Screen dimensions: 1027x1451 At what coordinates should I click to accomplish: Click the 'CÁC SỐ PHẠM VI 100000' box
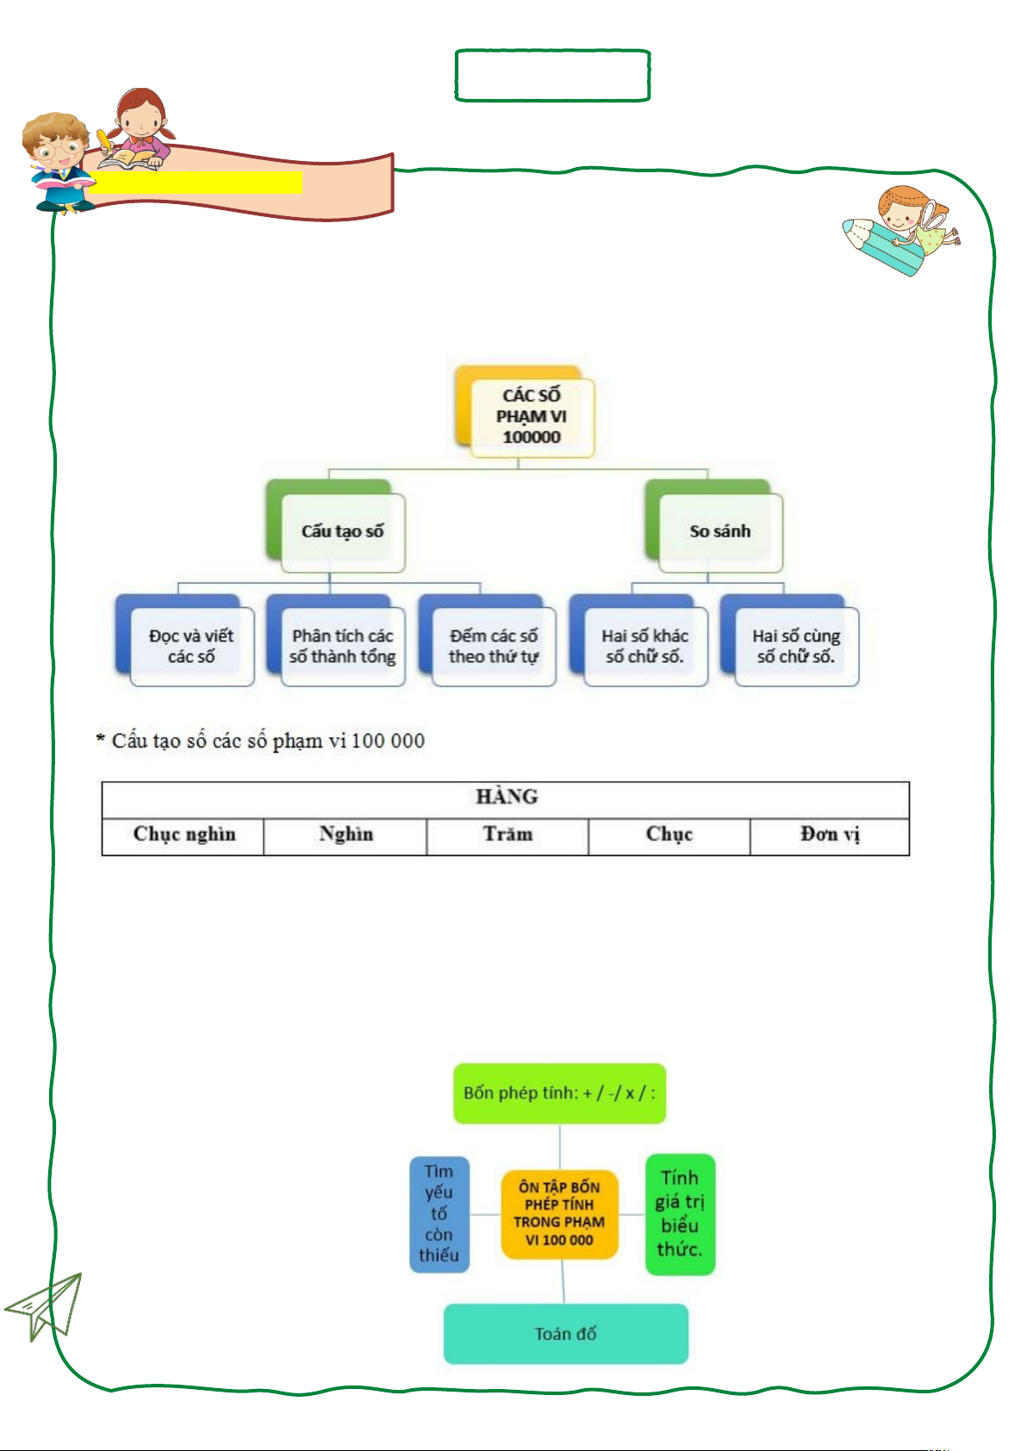pos(532,417)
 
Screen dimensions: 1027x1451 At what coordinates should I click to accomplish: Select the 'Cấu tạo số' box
pos(343,532)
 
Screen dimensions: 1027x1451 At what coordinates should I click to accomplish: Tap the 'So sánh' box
pos(720,532)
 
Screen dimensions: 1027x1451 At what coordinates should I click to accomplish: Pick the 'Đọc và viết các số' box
pos(192,647)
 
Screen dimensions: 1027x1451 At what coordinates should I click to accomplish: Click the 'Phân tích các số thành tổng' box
pos(343,647)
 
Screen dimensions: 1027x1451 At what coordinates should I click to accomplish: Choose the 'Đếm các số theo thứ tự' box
pos(494,647)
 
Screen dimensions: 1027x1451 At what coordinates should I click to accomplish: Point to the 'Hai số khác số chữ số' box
pos(645,647)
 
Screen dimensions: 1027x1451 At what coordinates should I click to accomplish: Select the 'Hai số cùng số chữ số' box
pos(796,647)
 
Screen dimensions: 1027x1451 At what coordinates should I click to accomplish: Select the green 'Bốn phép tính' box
pos(559,1094)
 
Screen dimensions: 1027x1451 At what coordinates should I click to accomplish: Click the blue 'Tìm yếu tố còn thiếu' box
pos(439,1214)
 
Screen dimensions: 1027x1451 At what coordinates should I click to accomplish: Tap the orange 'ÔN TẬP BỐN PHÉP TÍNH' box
pos(559,1214)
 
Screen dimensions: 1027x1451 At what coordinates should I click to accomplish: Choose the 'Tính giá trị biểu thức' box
pos(681,1214)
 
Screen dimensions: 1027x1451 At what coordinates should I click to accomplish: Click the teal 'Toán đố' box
pos(566,1334)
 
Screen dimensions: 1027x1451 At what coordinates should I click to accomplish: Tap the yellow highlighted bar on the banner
pos(196,183)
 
